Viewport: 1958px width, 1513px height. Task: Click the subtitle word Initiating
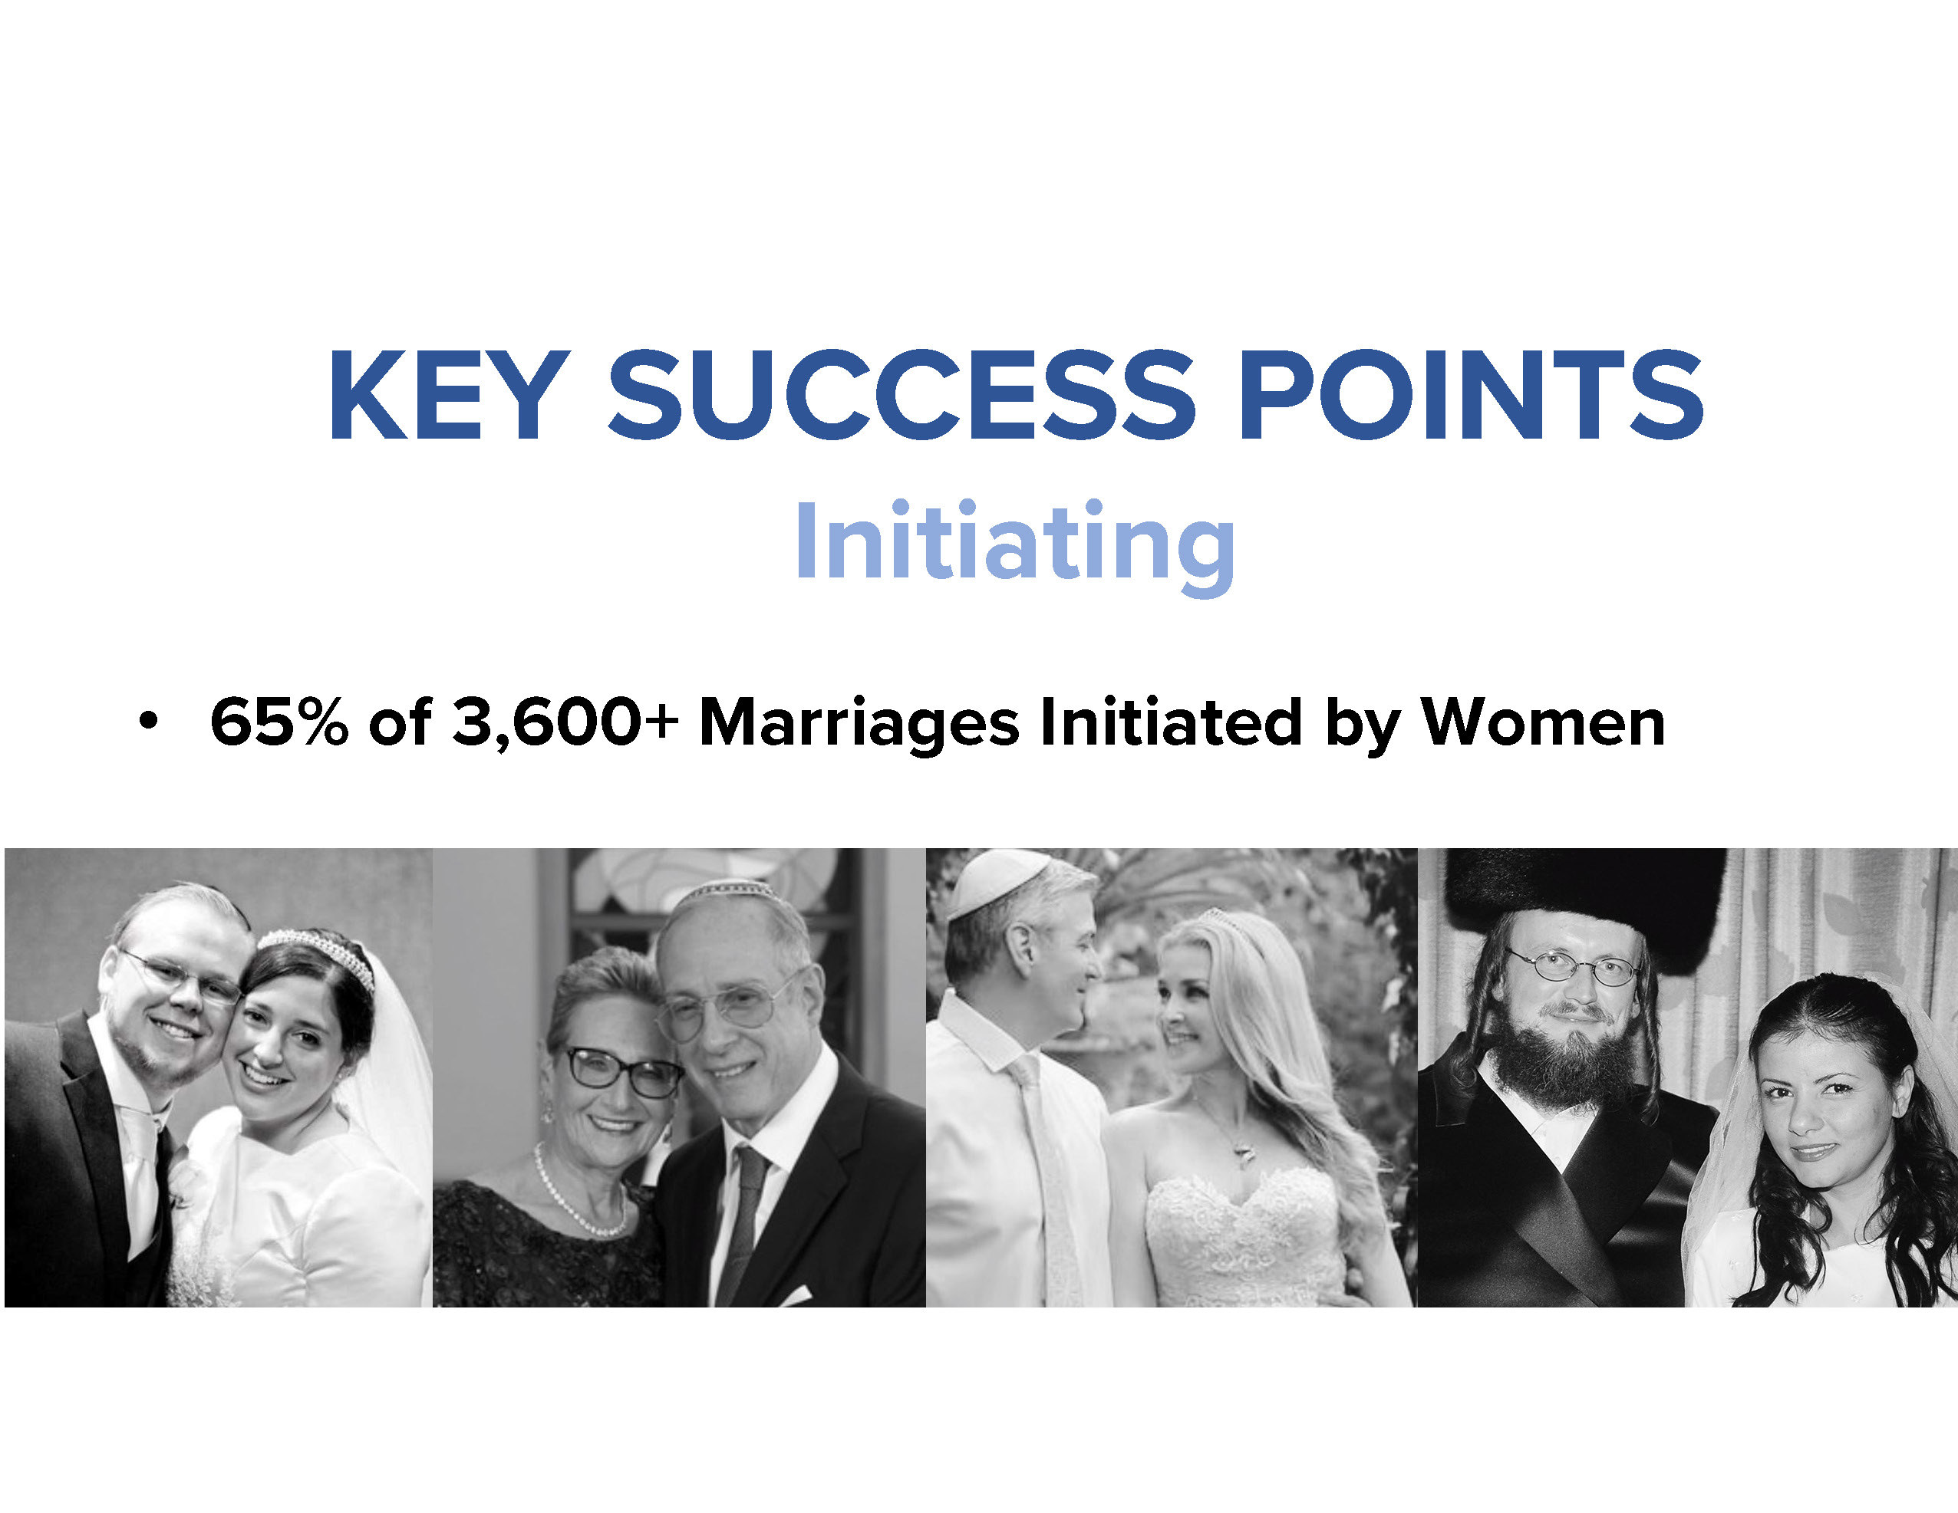[1015, 545]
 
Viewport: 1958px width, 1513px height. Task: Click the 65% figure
[279, 721]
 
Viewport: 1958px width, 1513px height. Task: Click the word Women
[1543, 721]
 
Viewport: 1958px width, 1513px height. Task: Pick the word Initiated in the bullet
[1171, 721]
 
